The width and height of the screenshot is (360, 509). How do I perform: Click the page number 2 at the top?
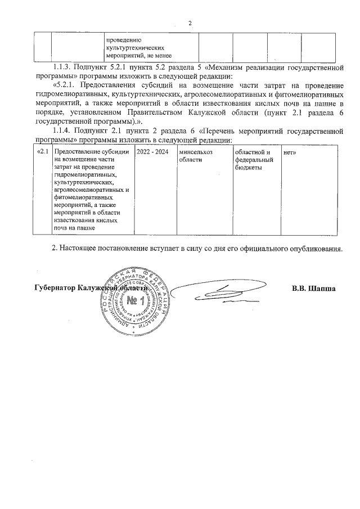[190, 23]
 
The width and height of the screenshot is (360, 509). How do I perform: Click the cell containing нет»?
[290, 152]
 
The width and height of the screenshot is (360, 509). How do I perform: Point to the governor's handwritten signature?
[219, 292]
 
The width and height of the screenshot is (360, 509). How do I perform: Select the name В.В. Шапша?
[313, 289]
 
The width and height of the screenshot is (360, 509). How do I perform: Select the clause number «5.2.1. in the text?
[68, 85]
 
